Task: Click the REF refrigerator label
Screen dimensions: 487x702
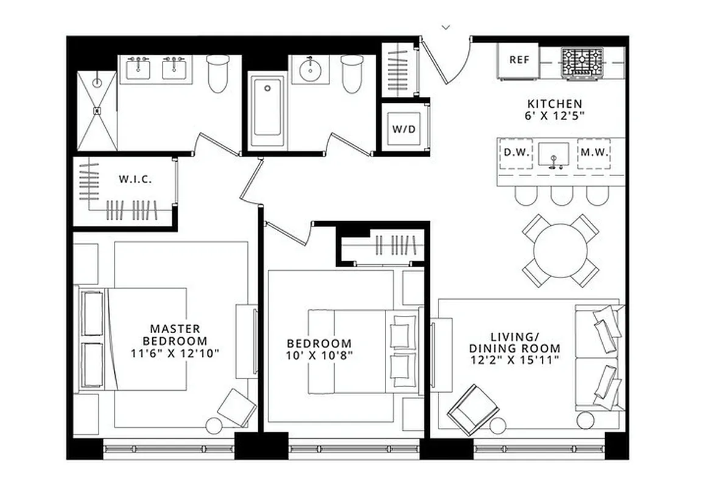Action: tap(519, 60)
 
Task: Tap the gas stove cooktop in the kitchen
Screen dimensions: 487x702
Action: tap(583, 61)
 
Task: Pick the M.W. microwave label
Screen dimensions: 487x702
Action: tap(594, 152)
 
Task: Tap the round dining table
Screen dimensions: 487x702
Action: tap(561, 250)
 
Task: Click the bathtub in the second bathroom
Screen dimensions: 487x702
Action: tap(268, 111)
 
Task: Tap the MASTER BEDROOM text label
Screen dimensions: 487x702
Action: tap(175, 335)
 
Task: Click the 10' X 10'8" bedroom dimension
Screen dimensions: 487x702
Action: tap(320, 356)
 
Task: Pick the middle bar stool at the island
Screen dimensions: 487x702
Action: tap(561, 195)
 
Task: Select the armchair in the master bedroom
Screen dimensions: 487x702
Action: tap(236, 407)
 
